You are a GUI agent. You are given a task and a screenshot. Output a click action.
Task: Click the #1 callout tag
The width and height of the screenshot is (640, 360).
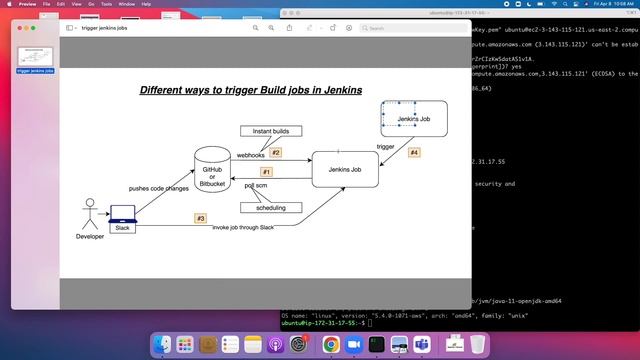coord(267,171)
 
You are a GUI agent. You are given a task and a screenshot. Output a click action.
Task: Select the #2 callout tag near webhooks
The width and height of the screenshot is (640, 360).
coord(276,153)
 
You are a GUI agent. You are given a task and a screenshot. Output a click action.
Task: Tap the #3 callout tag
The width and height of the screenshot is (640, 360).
coord(200,217)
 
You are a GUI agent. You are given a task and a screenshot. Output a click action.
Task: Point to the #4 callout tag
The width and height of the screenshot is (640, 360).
coord(414,153)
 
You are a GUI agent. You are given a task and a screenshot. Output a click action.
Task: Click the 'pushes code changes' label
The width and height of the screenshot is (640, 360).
coord(158,188)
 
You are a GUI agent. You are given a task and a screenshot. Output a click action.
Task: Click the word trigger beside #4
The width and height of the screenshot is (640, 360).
coord(385,147)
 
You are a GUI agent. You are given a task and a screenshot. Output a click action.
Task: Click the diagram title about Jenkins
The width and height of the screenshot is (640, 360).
coord(250,90)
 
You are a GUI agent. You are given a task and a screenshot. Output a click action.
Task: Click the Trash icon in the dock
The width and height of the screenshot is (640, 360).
coord(477,344)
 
